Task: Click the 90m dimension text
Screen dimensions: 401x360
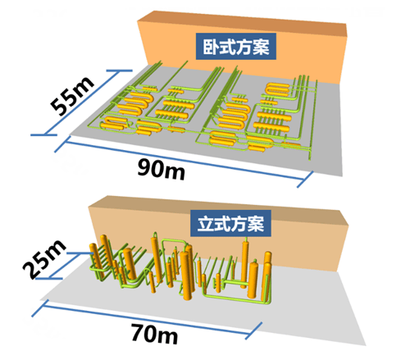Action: [x=162, y=170]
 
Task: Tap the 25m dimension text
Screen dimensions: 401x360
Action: [x=44, y=259]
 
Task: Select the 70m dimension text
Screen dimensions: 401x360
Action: [x=155, y=334]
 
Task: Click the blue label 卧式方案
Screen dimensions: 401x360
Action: [x=236, y=47]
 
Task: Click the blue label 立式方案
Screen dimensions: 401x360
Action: [x=230, y=223]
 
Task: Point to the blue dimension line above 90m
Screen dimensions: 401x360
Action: [x=185, y=162]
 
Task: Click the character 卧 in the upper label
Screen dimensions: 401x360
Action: [x=211, y=47]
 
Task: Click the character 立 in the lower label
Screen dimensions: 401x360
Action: [x=206, y=224]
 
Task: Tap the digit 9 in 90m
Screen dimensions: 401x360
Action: [x=145, y=167]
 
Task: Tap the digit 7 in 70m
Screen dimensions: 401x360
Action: [x=138, y=331]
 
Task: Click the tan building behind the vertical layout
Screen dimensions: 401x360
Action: [x=219, y=232]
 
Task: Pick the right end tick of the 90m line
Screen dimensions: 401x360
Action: [x=305, y=180]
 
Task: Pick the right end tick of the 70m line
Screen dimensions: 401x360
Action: [x=254, y=330]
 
